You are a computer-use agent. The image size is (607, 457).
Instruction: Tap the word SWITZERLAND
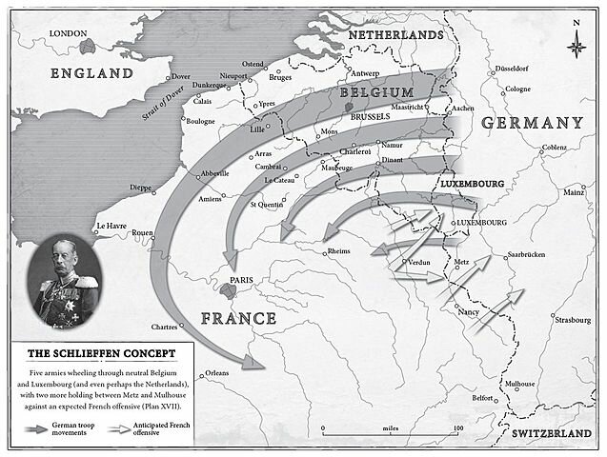tap(557, 433)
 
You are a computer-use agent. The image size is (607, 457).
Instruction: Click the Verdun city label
tap(420, 261)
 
